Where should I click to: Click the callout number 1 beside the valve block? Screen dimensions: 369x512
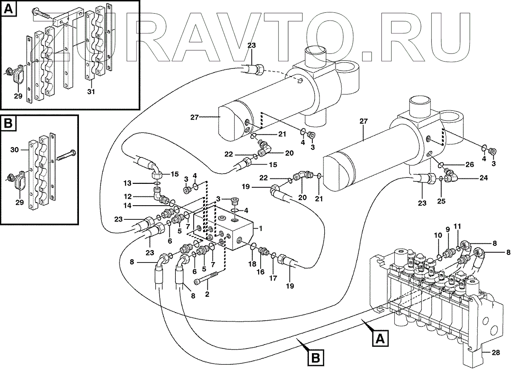261,229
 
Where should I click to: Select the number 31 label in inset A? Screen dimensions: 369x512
90,92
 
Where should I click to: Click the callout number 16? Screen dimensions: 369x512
261,272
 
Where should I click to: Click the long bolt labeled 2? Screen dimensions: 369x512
207,278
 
